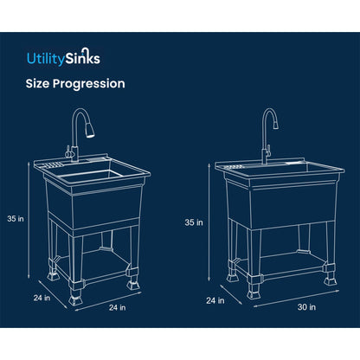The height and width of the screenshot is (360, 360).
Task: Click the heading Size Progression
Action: [74, 84]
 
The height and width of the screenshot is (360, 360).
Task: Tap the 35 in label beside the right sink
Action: [194, 222]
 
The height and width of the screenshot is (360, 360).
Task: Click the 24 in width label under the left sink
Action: [117, 306]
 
